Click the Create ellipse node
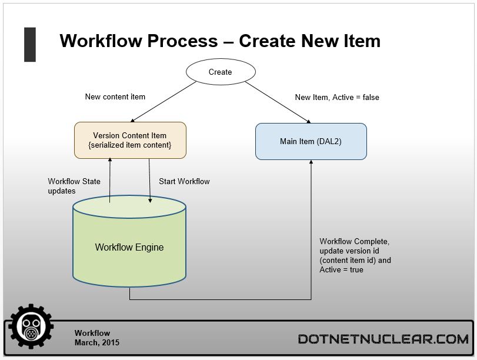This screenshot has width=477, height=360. click(221, 72)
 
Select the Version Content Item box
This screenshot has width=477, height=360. click(130, 140)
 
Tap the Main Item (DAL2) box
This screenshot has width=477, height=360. click(311, 142)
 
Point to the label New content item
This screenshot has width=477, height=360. click(115, 97)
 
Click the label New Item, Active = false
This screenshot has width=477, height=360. click(337, 98)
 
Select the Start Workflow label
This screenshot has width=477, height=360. click(184, 181)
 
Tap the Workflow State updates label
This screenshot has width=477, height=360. click(74, 186)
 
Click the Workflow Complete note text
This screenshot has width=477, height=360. click(355, 255)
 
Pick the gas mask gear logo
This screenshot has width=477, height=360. click(31, 326)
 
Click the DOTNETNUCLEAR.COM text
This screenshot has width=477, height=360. click(383, 339)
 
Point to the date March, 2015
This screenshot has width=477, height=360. click(96, 343)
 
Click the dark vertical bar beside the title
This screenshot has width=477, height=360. click(30, 45)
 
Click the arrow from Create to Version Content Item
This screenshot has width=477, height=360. click(164, 102)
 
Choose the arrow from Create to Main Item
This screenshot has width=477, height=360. click(278, 102)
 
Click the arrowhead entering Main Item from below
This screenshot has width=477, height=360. click(311, 162)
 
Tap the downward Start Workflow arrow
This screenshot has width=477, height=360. click(149, 181)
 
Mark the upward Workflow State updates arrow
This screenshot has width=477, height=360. click(110, 180)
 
